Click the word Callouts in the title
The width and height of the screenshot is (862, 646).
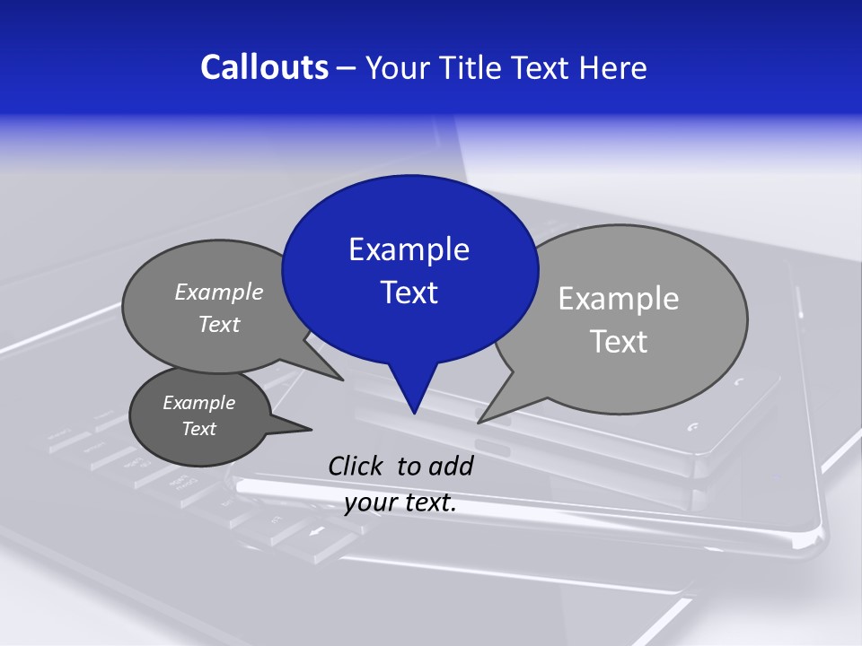264,68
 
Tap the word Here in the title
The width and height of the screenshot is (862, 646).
615,68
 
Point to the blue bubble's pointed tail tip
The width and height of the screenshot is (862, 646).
413,413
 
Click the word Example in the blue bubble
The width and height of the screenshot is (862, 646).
409,249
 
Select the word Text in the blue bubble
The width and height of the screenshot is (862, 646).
409,292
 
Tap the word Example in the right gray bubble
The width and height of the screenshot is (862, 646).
619,299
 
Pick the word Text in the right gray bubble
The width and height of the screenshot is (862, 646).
619,342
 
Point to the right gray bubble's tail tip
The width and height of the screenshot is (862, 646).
479,422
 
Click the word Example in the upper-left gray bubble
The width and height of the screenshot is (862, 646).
219,292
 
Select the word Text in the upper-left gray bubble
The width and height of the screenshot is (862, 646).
219,324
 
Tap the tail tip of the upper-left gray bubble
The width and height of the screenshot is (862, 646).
342,380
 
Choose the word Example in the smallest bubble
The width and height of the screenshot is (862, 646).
199,403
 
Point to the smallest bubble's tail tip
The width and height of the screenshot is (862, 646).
311,429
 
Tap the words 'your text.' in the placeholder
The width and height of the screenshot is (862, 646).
400,502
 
